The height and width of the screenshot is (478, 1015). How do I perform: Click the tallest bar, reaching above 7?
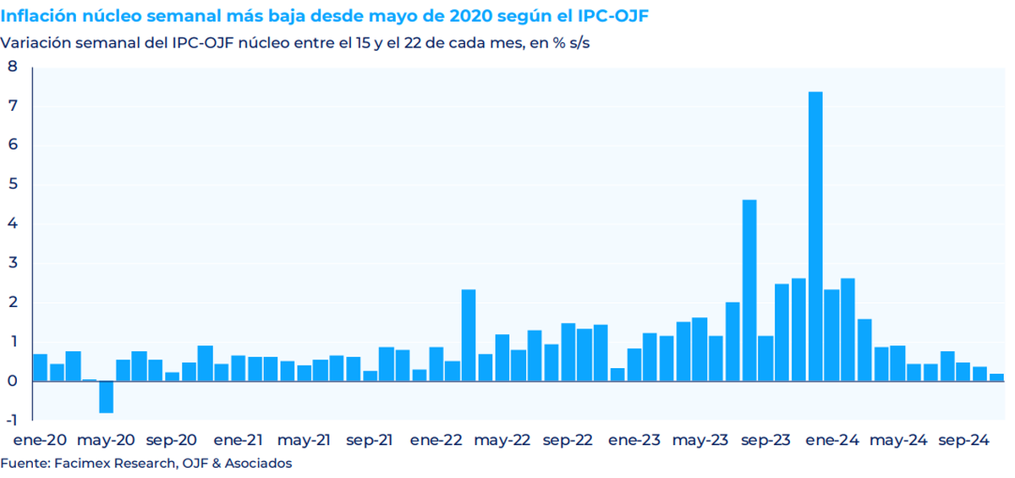(815, 237)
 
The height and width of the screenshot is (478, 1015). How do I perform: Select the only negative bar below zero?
(106, 397)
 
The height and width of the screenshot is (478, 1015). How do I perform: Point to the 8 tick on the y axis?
(13, 67)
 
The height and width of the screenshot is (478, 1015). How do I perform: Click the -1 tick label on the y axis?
(11, 420)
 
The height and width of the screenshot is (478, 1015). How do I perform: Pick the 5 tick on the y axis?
(13, 184)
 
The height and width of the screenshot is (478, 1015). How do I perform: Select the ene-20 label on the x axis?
(39, 441)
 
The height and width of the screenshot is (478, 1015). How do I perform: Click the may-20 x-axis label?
(106, 441)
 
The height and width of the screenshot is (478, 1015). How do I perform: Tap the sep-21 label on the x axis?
(370, 441)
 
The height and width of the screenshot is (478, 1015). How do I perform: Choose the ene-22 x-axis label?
(436, 441)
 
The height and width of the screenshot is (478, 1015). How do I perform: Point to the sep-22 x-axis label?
(568, 441)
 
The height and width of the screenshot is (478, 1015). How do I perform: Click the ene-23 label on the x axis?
(634, 441)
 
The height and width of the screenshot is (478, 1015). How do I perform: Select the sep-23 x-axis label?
(766, 441)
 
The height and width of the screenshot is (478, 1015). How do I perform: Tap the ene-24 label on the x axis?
(832, 441)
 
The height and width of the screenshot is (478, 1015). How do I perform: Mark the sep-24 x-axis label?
(965, 441)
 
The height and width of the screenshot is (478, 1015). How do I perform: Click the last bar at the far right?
(997, 377)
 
